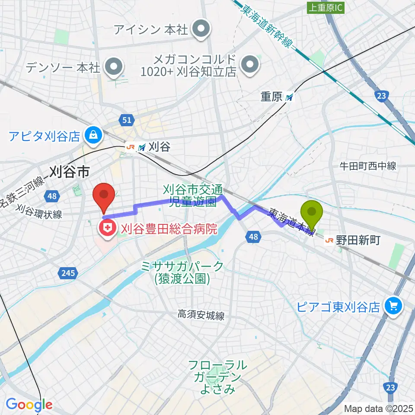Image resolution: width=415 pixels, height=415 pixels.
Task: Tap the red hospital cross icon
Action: pos(106,229)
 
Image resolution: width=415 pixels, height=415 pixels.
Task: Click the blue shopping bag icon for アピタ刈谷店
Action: pos(93,136)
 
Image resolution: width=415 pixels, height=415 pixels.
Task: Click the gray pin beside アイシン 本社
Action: pos(201,29)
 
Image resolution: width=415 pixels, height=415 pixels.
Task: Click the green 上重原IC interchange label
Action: pos(326,8)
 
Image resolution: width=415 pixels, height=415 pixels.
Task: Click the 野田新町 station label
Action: pos(359,240)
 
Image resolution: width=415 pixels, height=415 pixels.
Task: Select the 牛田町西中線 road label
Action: pos(367,166)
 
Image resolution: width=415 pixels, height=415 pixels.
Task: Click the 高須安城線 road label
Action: pos(201,316)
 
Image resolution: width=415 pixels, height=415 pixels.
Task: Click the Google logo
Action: pos(29,404)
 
